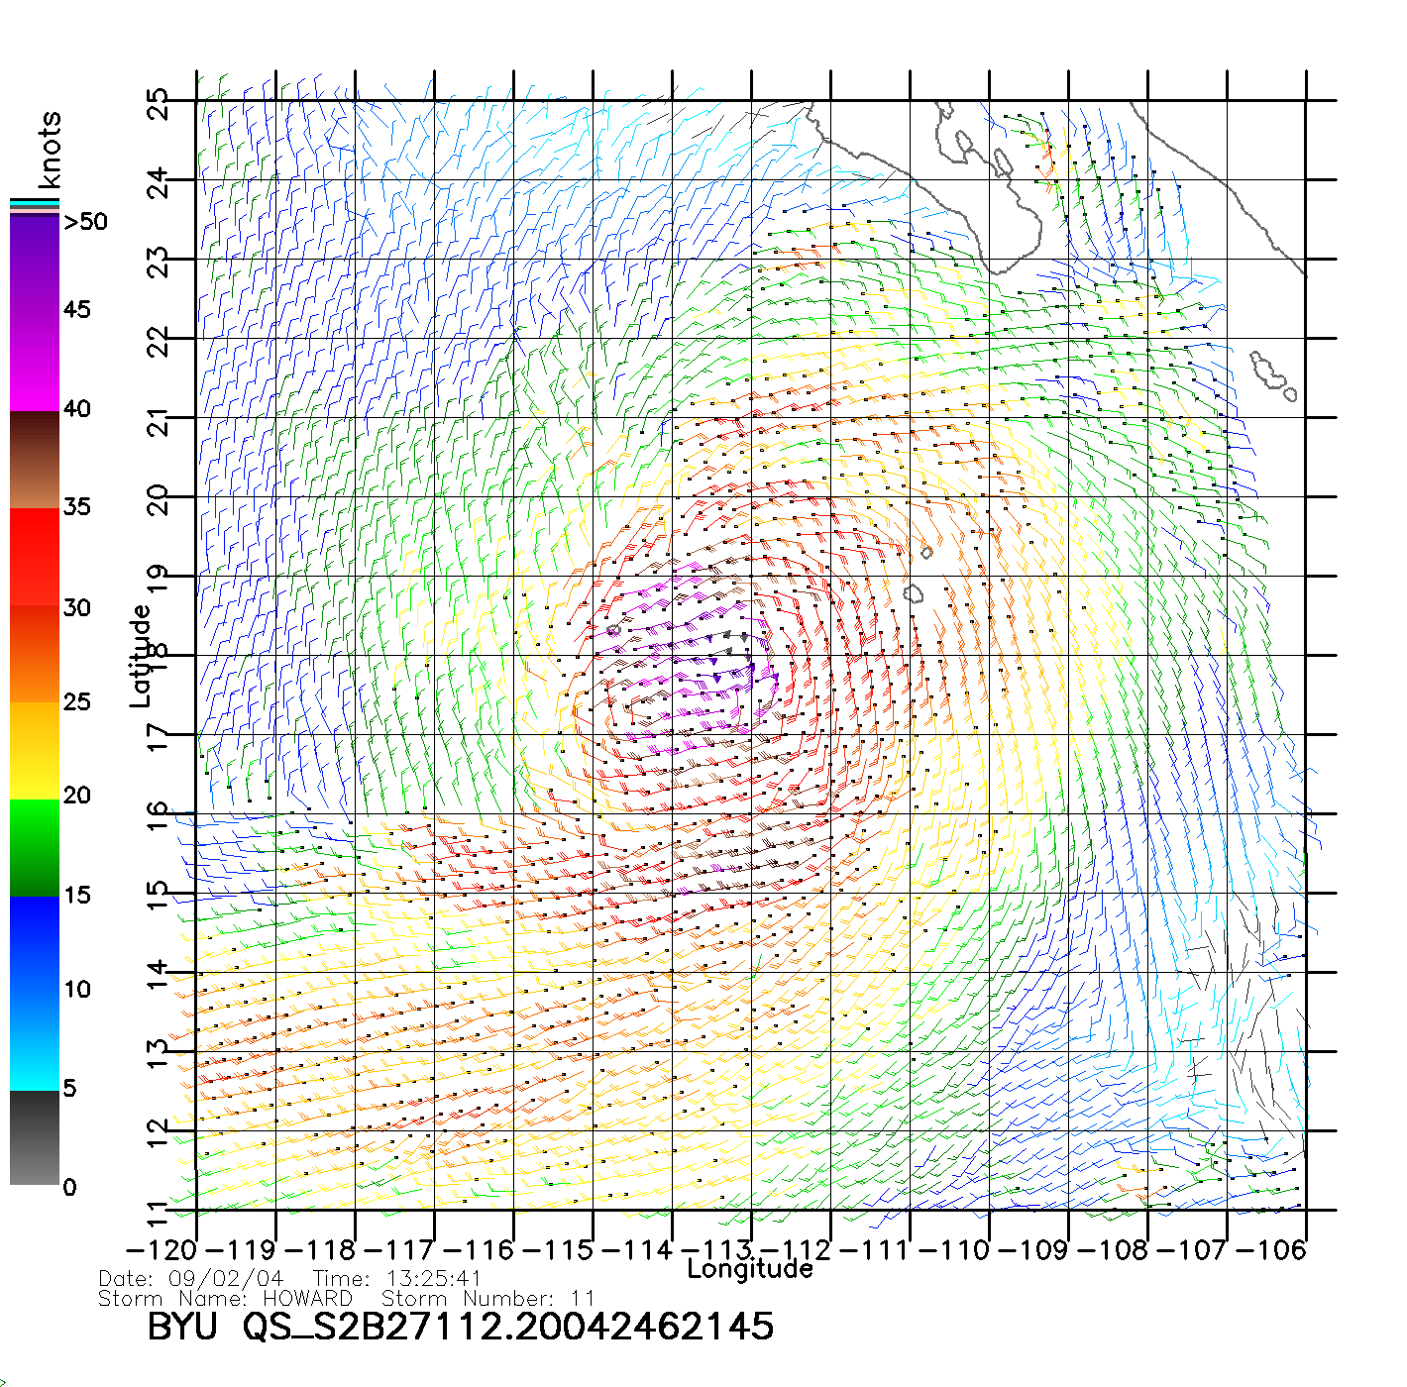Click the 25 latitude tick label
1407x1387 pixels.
point(158,104)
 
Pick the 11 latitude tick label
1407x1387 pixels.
point(158,1214)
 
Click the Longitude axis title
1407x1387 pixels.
point(750,1269)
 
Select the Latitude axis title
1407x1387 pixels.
point(141,656)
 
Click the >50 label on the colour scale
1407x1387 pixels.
point(85,222)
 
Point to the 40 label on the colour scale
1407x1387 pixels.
point(76,409)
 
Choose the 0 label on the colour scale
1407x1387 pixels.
point(69,1188)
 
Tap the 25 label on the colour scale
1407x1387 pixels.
point(76,702)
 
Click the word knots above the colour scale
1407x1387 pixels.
point(50,150)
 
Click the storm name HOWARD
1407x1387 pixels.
point(307,1298)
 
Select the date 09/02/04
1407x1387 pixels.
point(226,1279)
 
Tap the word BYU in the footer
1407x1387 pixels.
point(181,1327)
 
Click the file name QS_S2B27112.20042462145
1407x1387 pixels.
point(508,1327)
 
